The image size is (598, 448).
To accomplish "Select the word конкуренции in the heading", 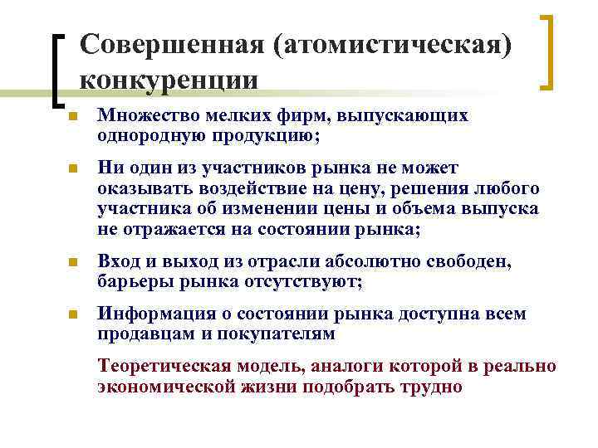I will pos(169,80).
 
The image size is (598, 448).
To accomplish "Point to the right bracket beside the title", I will pos(547,51).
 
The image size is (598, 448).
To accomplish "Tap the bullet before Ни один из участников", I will pos(72,170).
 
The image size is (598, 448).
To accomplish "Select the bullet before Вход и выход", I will pos(72,265).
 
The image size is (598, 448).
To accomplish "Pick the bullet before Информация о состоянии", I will pos(72,316).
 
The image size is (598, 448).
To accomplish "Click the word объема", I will pos(448,208).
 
